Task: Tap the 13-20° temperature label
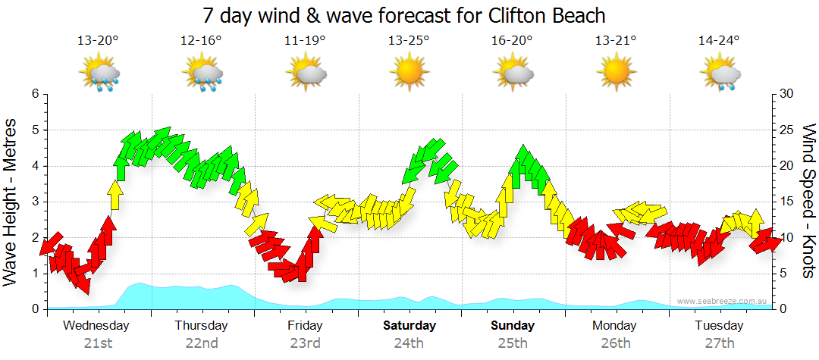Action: [98, 41]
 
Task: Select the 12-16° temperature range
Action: [201, 41]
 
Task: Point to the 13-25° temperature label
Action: [409, 41]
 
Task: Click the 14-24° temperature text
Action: [719, 41]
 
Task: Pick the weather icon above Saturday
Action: [409, 74]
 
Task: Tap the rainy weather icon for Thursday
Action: [202, 74]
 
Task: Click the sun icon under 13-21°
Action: [615, 74]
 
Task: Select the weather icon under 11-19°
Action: [306, 74]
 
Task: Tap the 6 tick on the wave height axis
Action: [35, 94]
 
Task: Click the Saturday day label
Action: [409, 326]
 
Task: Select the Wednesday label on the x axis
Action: [97, 326]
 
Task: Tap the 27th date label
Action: [719, 343]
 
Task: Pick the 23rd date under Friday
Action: [305, 343]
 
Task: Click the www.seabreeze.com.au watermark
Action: [723, 302]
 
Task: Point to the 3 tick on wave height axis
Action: [35, 202]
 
